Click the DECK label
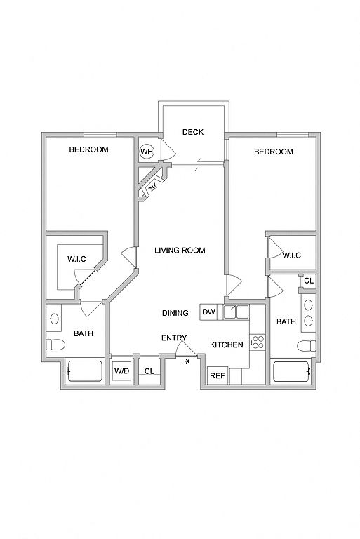[x=192, y=132]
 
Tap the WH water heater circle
[x=147, y=152]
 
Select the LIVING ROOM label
[x=180, y=251]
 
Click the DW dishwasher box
[x=208, y=312]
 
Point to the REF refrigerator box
[x=218, y=375]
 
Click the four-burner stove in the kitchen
[x=257, y=342]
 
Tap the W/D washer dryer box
[x=121, y=371]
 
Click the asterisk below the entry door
[x=187, y=361]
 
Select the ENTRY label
[x=174, y=338]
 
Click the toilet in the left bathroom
[x=55, y=345]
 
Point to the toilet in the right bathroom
[x=307, y=346]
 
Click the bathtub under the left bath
[x=85, y=371]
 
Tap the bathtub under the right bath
[x=291, y=371]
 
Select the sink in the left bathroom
[x=54, y=319]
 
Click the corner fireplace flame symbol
[x=153, y=187]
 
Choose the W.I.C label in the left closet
[x=76, y=259]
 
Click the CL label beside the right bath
[x=309, y=281]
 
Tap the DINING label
[x=175, y=313]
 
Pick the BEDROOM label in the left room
[x=88, y=149]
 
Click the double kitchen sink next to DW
[x=236, y=312]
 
